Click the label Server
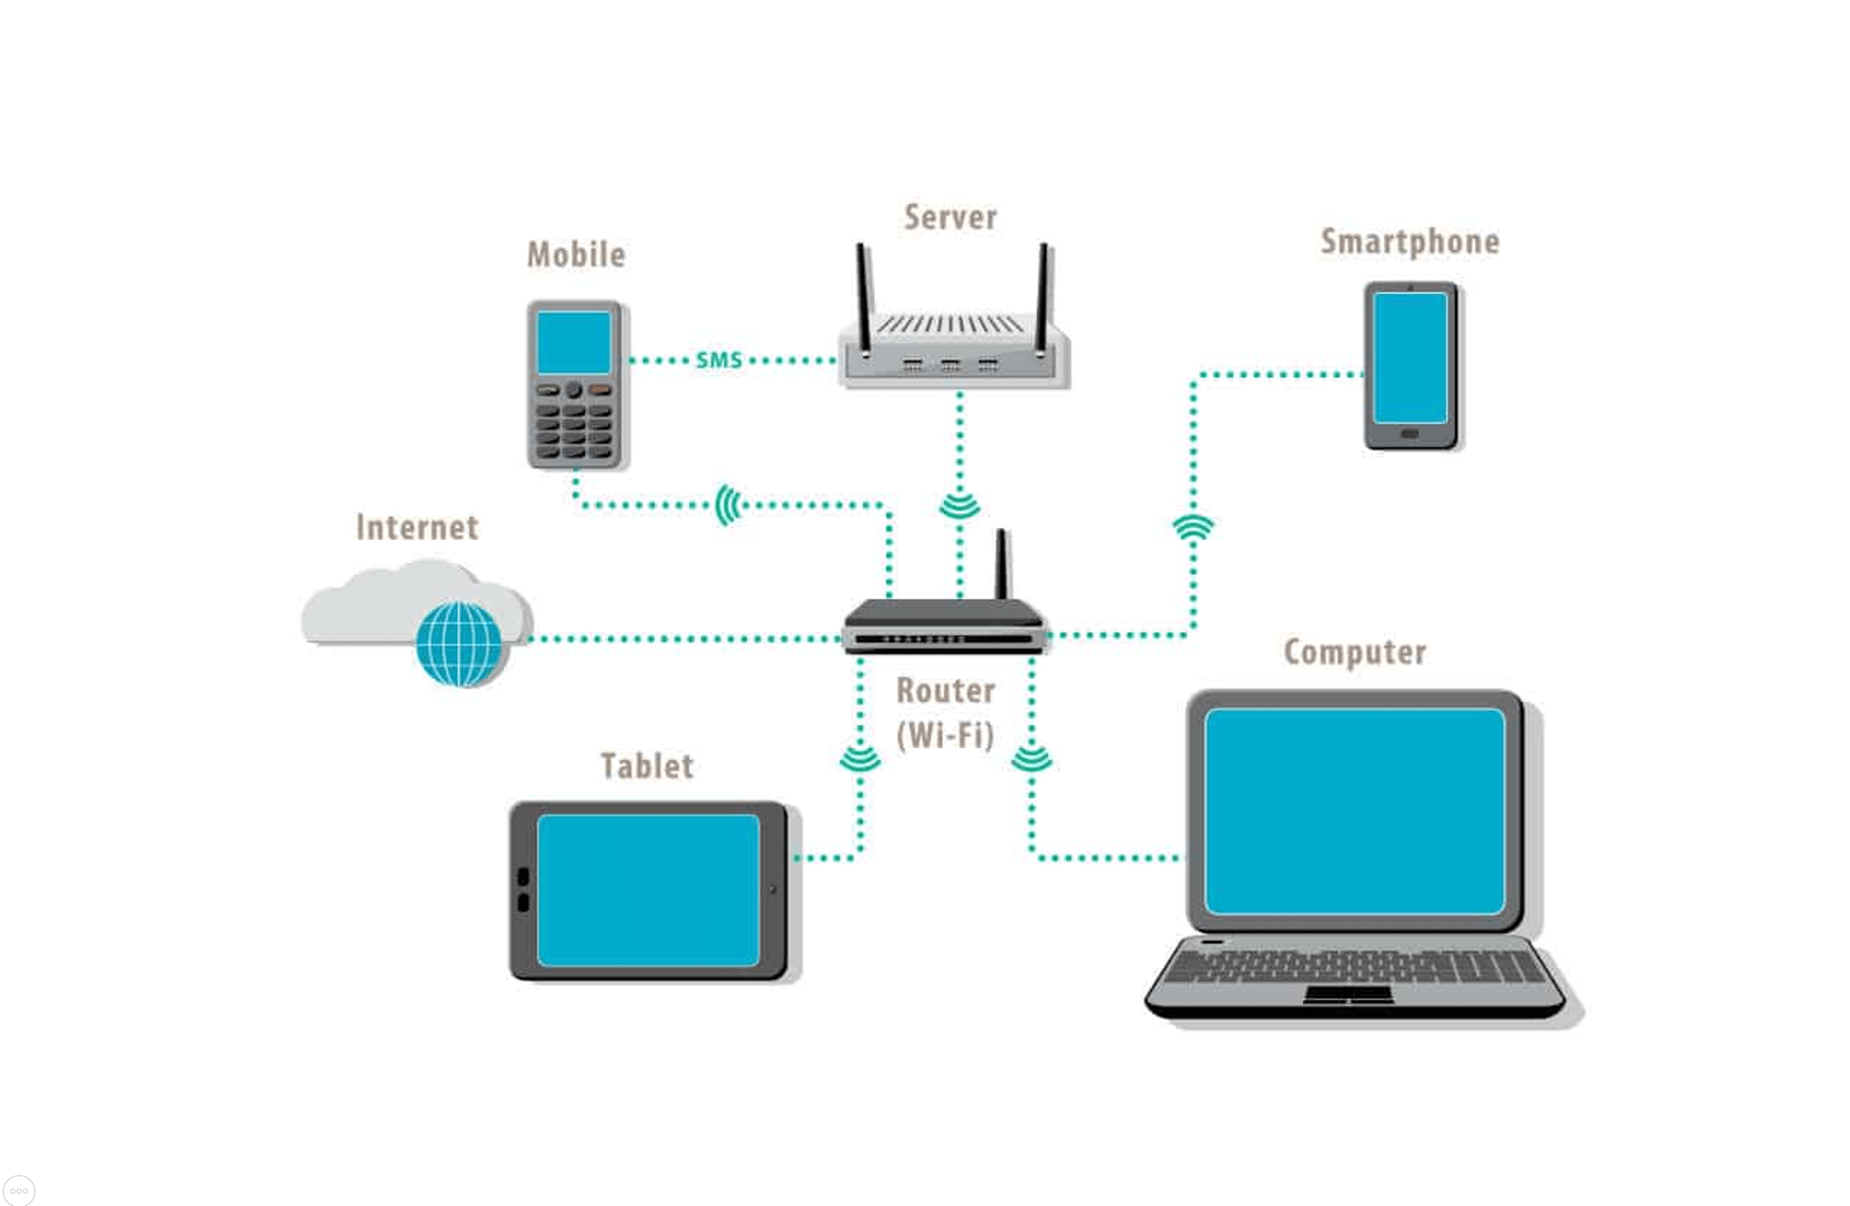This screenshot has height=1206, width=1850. (x=950, y=217)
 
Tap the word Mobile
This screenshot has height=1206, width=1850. (x=576, y=255)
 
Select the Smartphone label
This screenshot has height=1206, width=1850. (x=1410, y=241)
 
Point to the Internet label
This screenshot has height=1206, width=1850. (x=418, y=528)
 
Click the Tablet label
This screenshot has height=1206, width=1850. (x=646, y=766)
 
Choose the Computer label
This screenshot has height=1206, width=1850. (x=1355, y=652)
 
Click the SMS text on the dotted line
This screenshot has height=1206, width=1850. (x=718, y=361)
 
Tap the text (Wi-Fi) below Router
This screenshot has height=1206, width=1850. (x=945, y=735)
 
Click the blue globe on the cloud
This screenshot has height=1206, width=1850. (x=459, y=644)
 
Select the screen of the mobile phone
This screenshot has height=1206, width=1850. (x=574, y=343)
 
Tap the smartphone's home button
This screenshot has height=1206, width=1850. (x=1409, y=433)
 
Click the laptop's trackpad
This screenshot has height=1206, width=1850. (x=1348, y=994)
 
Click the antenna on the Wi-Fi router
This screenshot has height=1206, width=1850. (x=1003, y=564)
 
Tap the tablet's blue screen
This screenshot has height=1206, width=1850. (x=648, y=890)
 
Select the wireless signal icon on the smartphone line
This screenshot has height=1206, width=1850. (x=1193, y=528)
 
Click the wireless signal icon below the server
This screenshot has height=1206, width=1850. (x=960, y=507)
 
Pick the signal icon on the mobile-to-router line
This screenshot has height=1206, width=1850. (x=728, y=505)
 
